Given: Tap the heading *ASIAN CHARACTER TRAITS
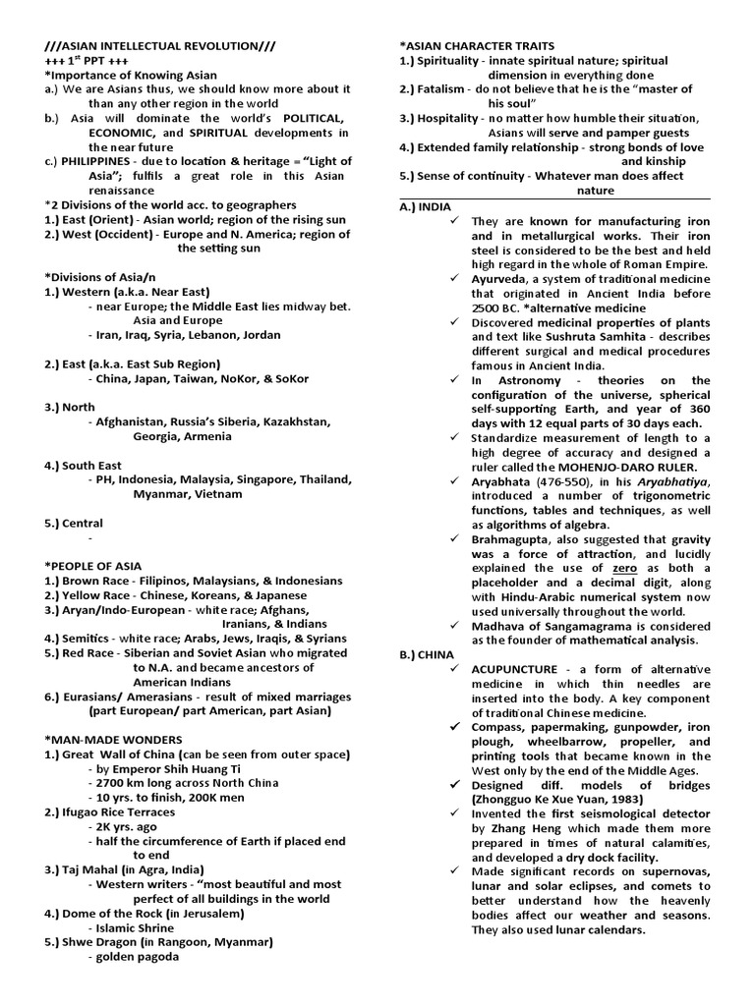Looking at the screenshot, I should point(477,46).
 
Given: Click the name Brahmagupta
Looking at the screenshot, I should point(516,538).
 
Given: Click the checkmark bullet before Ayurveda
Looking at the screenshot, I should point(454,278).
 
